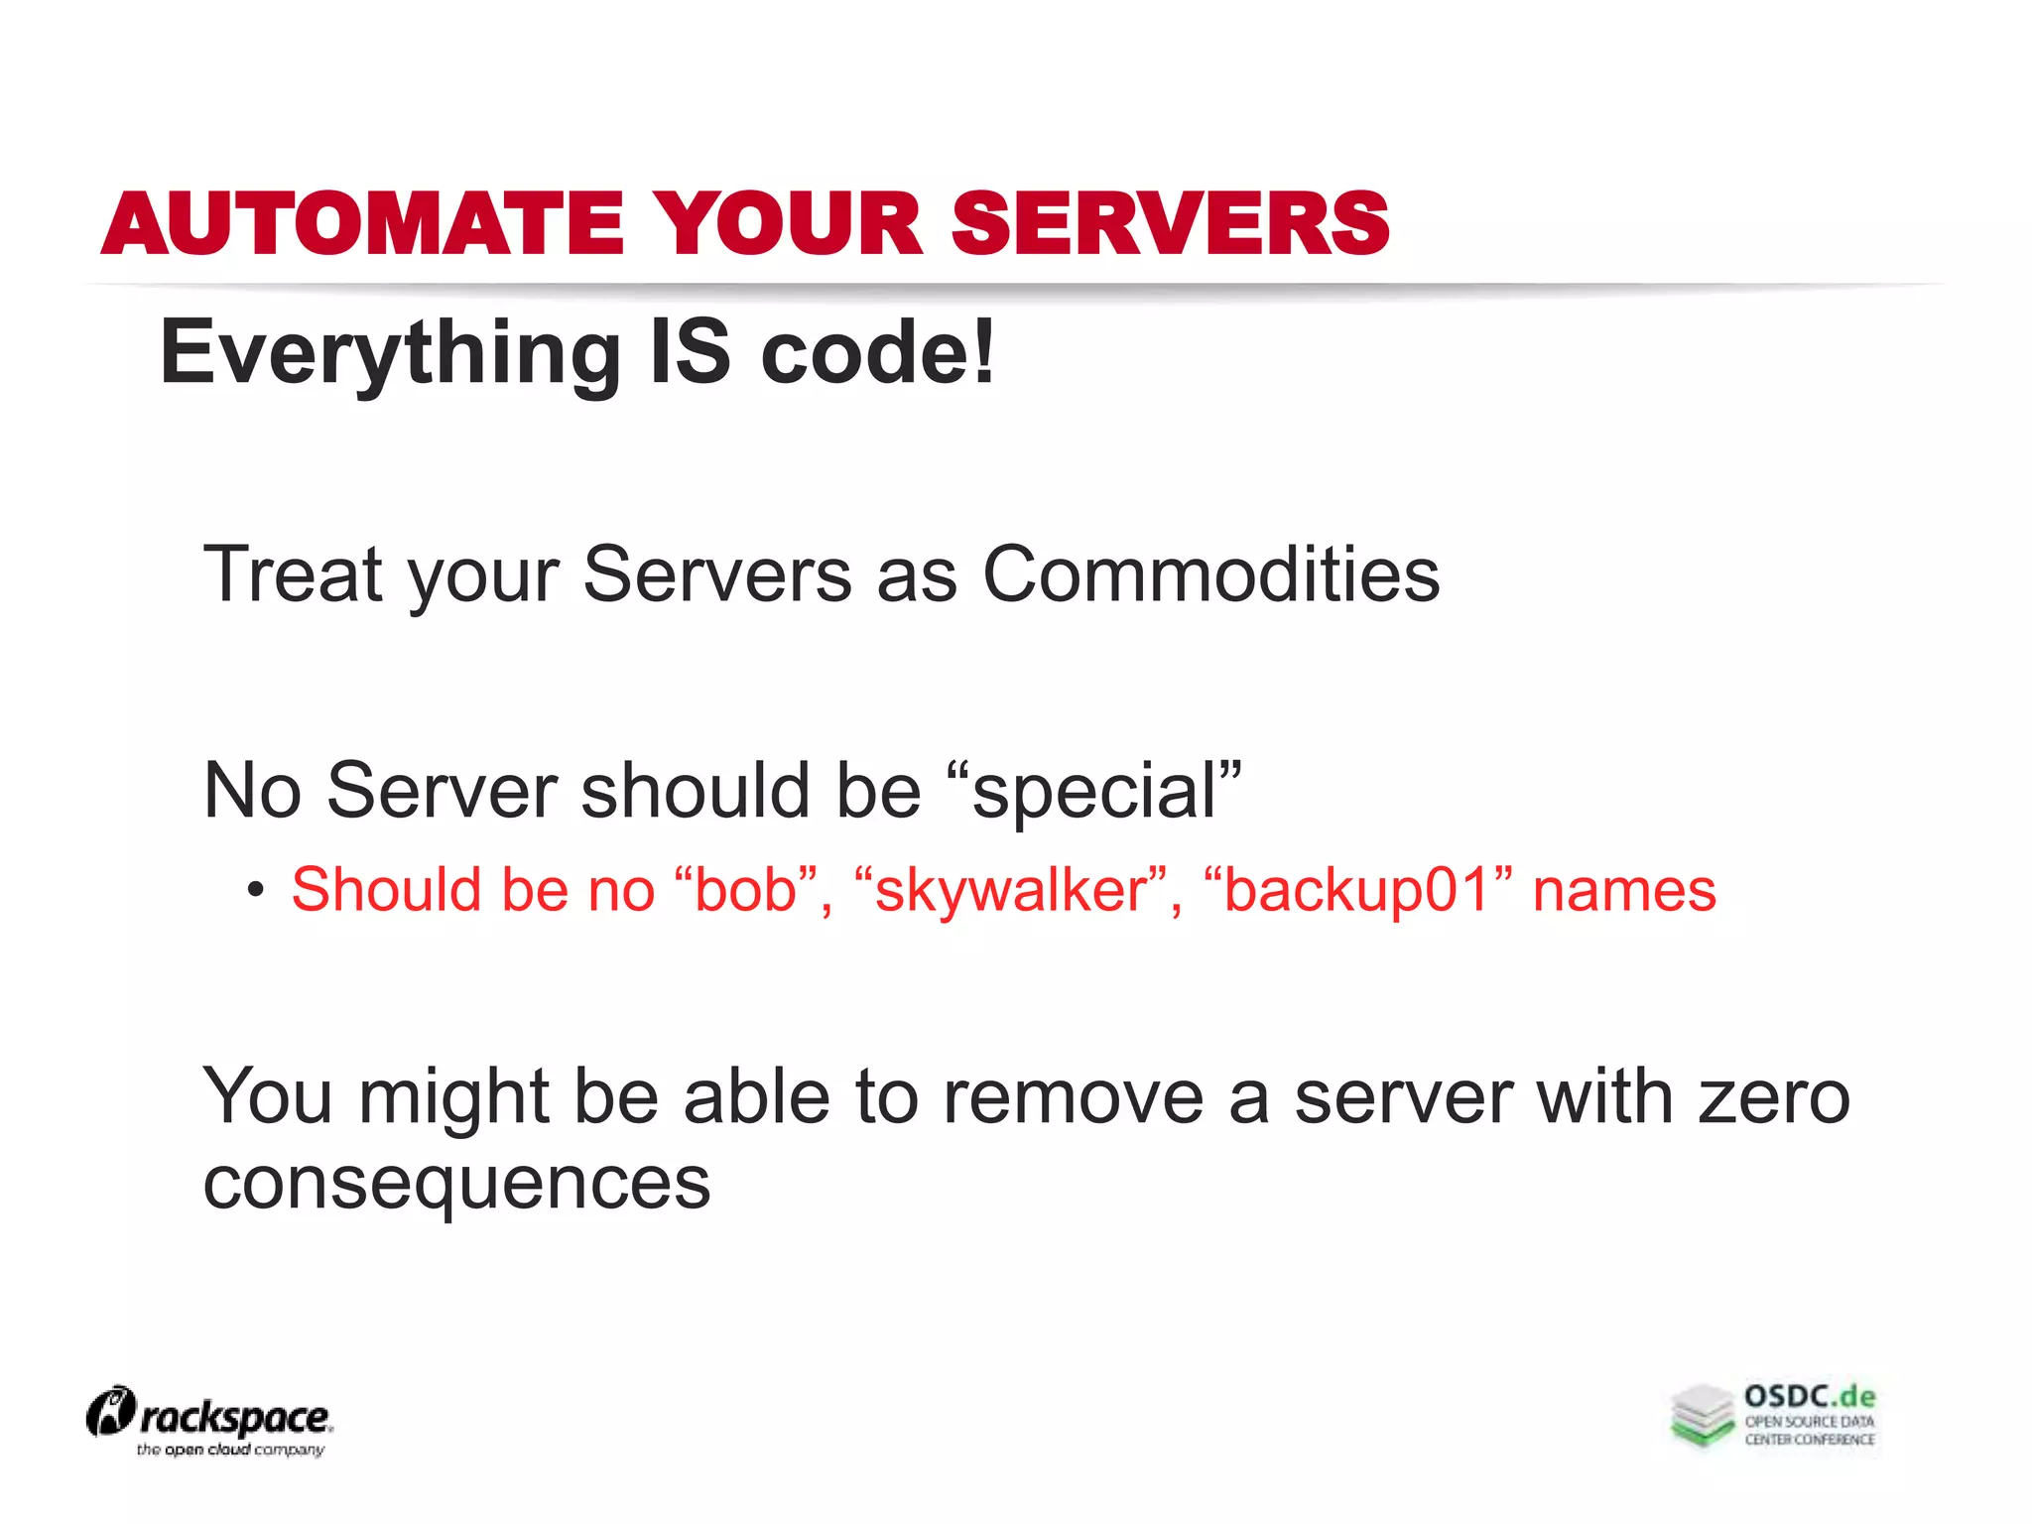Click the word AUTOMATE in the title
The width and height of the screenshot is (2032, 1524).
tap(363, 224)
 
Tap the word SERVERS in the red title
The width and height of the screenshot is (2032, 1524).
tap(1171, 224)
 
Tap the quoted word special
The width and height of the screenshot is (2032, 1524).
tap(1094, 792)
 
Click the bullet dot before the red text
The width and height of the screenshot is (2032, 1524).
tap(256, 890)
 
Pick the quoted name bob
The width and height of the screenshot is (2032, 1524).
tap(745, 890)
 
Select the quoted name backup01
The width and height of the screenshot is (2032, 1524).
tap(1356, 890)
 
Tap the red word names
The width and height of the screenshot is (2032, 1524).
tap(1624, 890)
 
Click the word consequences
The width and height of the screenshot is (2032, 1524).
tap(456, 1183)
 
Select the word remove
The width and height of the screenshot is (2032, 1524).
tap(1073, 1097)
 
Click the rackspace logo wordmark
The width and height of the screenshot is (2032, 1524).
tap(234, 1418)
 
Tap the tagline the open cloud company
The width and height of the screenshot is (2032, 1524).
tap(230, 1450)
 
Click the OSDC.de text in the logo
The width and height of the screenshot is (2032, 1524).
tap(1810, 1397)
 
